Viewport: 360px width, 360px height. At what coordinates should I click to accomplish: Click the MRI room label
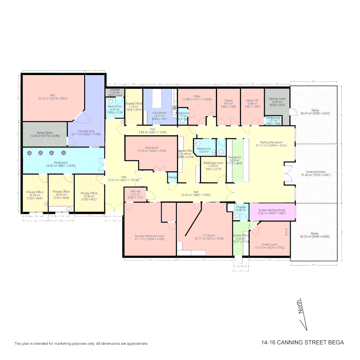[53, 95]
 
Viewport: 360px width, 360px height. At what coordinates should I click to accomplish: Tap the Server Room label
[45, 133]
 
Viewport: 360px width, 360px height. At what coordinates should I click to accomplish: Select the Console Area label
[86, 131]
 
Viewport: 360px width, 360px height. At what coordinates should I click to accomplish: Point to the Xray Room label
[152, 148]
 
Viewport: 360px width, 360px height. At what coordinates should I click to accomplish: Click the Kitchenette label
[160, 113]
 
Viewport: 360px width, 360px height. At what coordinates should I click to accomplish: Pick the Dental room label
[228, 100]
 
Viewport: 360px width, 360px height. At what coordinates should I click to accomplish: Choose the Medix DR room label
[252, 100]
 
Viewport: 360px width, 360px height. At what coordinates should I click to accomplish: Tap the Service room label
[277, 99]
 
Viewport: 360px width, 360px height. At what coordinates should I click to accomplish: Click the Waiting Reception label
[271, 142]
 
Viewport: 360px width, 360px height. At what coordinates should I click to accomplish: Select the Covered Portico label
[316, 172]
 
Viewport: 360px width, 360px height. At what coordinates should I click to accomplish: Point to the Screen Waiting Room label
[272, 210]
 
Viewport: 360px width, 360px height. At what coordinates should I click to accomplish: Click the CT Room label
[209, 235]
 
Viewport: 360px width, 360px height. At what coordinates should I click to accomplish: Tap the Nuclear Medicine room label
[150, 236]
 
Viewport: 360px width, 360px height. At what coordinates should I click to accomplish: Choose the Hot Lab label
[135, 192]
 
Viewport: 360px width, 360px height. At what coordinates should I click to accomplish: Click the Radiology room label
[213, 163]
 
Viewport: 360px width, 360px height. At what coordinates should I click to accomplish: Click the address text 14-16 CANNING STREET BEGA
[302, 342]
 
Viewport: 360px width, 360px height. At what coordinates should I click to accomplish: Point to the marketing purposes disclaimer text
[81, 343]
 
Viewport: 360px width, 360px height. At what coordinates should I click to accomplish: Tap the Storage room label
[115, 90]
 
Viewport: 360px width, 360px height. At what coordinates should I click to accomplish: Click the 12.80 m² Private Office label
[89, 193]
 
